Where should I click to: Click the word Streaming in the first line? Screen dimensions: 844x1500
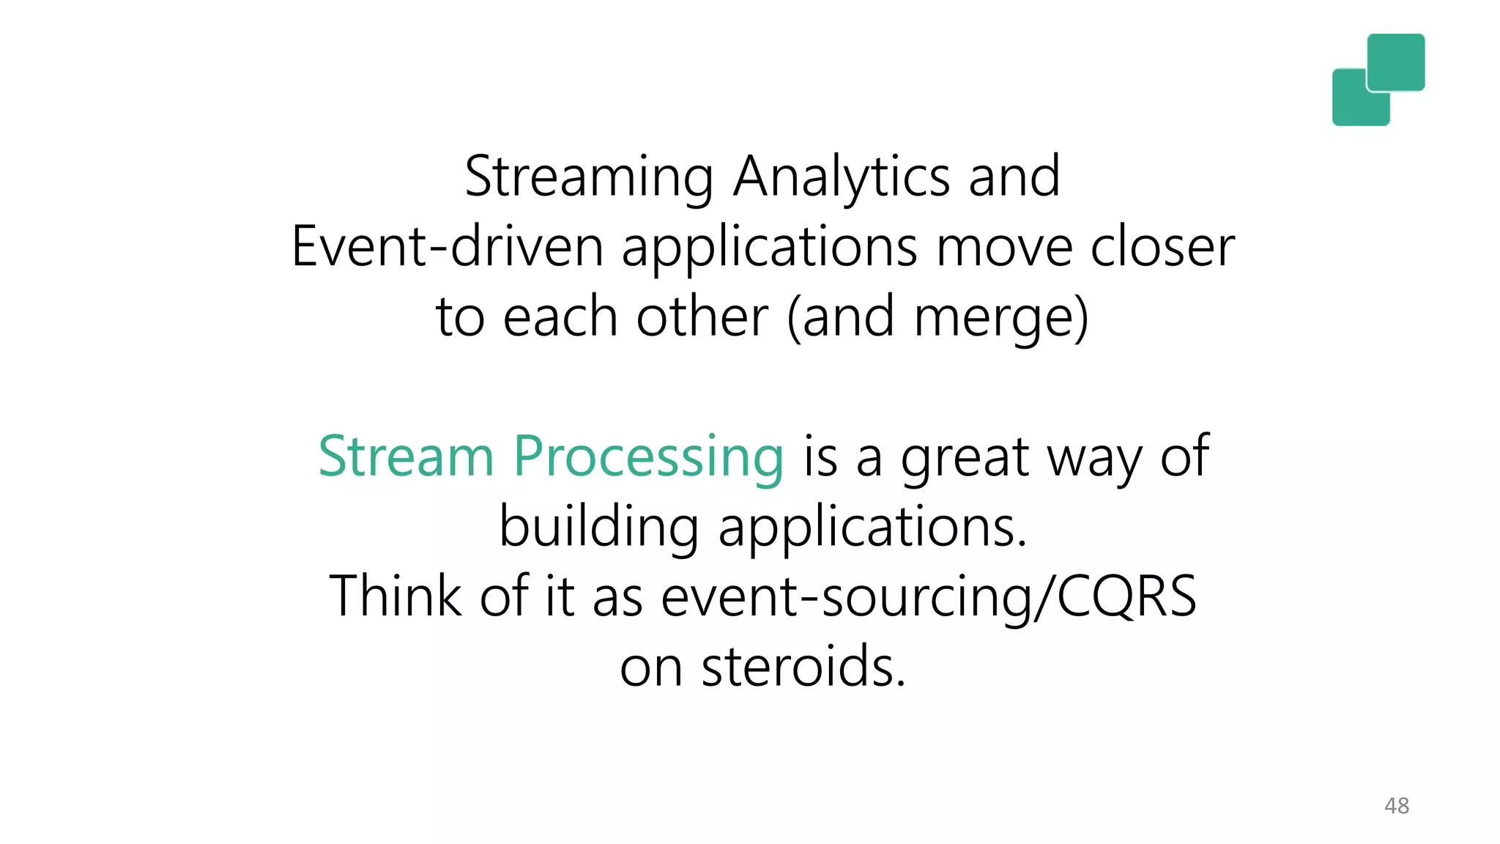click(x=589, y=177)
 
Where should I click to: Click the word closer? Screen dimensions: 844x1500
click(x=1162, y=247)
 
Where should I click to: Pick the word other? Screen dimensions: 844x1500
click(x=702, y=316)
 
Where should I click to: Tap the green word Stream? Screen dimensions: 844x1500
click(x=406, y=456)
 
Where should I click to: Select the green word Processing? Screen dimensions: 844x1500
click(x=648, y=458)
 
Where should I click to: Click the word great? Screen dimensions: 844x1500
click(x=965, y=458)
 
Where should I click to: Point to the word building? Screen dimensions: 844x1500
click(x=598, y=527)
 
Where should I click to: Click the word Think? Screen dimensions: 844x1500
click(x=396, y=596)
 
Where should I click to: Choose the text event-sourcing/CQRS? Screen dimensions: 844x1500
click(x=929, y=597)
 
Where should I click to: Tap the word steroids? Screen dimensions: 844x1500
click(x=803, y=666)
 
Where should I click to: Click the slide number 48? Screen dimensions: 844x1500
click(x=1396, y=806)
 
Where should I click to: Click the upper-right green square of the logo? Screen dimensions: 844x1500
click(x=1396, y=62)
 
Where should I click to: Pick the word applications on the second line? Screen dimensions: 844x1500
click(x=769, y=248)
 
